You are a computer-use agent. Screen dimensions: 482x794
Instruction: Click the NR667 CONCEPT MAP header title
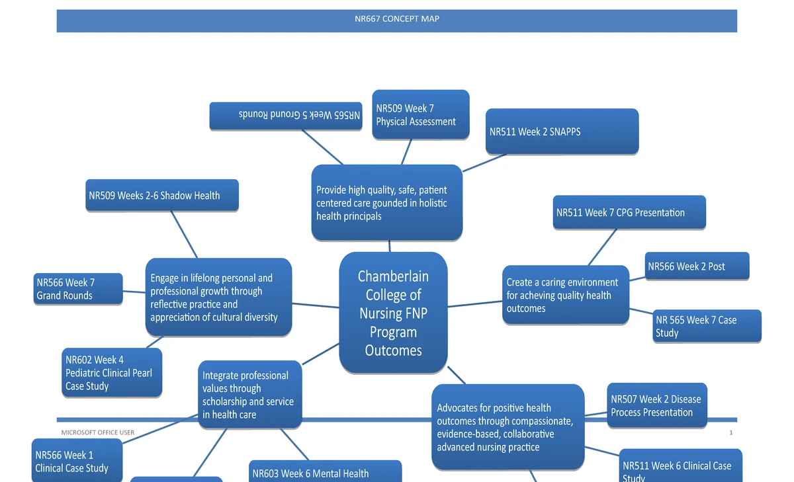point(397,19)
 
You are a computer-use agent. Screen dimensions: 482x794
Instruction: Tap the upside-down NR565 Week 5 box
point(286,116)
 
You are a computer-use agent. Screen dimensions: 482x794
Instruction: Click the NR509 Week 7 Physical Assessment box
point(420,115)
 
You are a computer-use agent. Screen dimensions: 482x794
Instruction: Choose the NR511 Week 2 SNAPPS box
point(562,132)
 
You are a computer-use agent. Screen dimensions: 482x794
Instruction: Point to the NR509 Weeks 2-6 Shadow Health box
point(161,196)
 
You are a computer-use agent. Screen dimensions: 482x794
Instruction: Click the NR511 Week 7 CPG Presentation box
point(629,213)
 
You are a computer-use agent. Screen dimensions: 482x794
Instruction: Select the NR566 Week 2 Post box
point(697,266)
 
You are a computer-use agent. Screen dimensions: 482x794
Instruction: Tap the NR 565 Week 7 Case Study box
point(707,326)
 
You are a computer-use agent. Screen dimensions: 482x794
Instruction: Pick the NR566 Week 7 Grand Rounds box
point(78,289)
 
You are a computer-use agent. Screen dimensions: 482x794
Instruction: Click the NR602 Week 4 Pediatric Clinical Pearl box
point(112,373)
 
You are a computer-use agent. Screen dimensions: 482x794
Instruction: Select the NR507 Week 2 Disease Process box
point(657,405)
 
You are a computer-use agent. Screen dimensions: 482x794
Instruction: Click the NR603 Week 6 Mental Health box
point(324,472)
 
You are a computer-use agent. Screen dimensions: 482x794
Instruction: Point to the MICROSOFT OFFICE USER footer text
point(97,432)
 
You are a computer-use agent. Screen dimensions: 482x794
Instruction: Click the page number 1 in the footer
point(730,432)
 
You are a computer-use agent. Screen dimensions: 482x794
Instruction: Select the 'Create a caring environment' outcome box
point(565,295)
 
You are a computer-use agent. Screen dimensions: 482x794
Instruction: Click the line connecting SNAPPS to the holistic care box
point(485,163)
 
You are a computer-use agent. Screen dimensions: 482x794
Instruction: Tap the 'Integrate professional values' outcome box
point(249,395)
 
